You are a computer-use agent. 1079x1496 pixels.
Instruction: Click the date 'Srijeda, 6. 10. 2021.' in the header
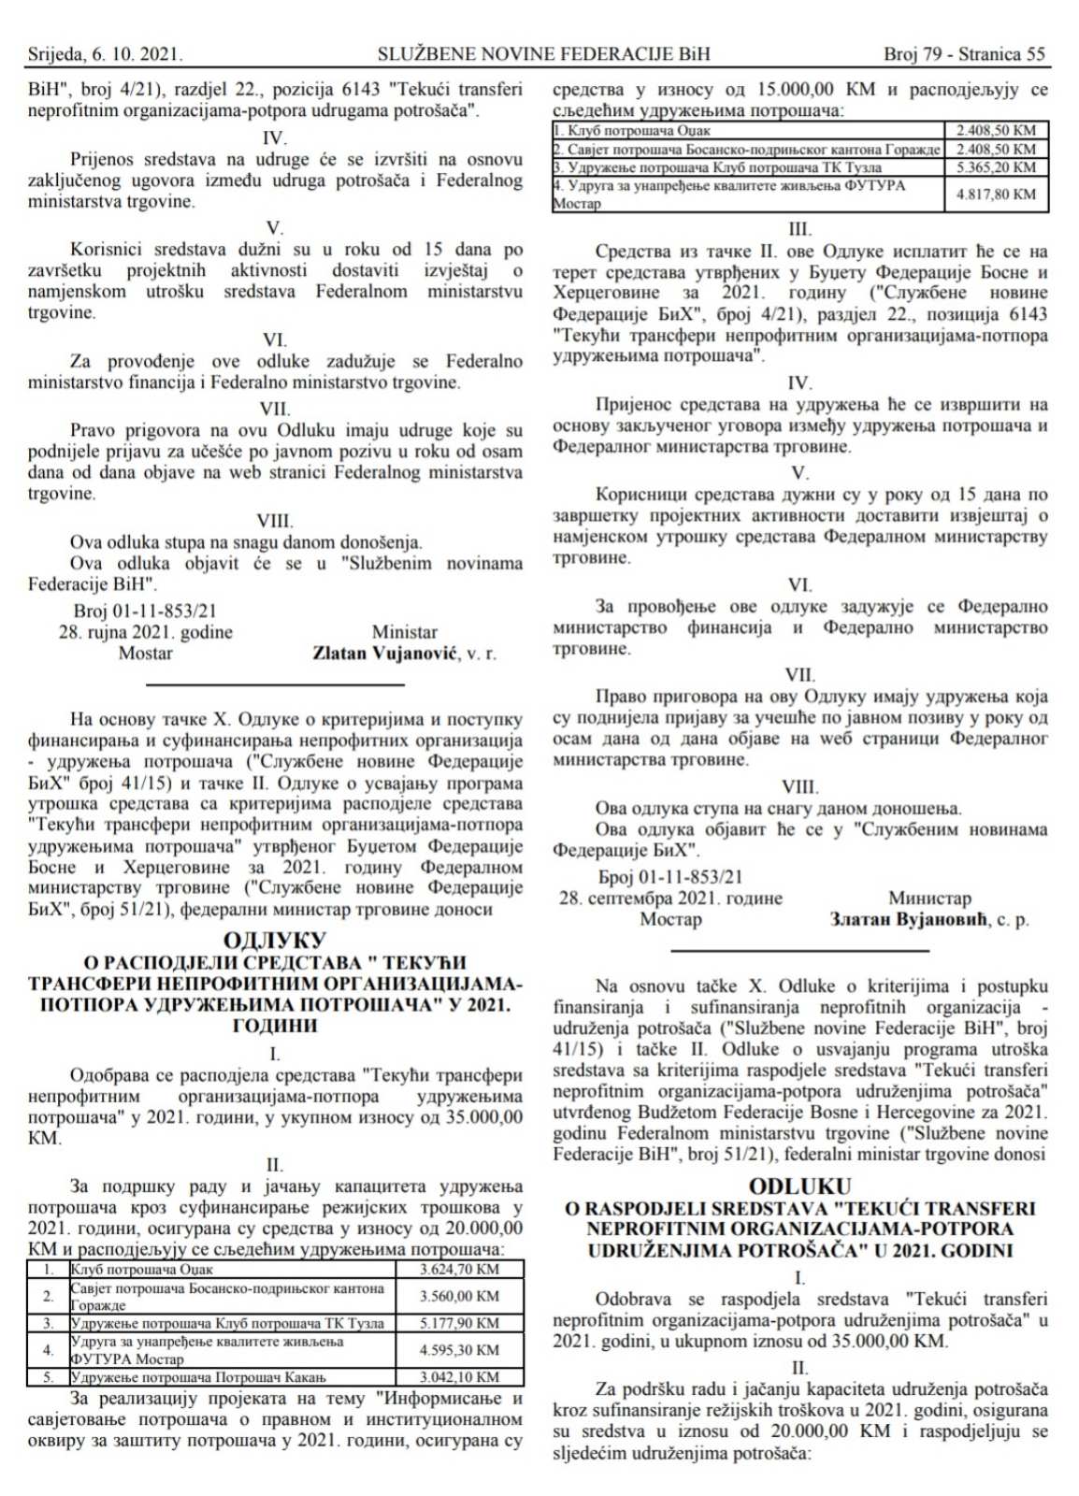[x=105, y=54]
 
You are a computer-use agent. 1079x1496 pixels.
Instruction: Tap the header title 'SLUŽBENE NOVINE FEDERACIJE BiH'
[x=543, y=54]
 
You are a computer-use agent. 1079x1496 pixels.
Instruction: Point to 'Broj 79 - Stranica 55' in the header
[x=964, y=54]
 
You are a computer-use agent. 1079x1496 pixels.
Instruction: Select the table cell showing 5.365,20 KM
[x=996, y=167]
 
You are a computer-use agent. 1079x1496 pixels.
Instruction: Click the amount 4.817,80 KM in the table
[x=996, y=194]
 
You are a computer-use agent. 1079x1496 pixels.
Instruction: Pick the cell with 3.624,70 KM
[x=459, y=1269]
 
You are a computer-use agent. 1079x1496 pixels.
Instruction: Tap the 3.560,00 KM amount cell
[x=459, y=1296]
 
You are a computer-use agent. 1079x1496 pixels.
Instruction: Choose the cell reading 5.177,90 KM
[x=459, y=1323]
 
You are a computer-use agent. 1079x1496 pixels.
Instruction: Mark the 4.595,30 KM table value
[x=459, y=1350]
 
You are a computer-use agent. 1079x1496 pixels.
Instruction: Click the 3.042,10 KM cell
[x=459, y=1377]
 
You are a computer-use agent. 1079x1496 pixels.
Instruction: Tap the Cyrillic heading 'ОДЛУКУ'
[x=275, y=941]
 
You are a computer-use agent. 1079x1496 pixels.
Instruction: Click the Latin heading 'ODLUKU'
[x=799, y=1187]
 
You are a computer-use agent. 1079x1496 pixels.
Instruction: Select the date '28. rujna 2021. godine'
[x=146, y=632]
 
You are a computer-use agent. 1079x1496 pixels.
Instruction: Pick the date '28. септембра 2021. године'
[x=670, y=898]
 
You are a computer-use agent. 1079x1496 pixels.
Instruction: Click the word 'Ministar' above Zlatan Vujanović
[x=404, y=632]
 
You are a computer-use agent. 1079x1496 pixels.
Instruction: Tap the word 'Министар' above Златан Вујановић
[x=929, y=898]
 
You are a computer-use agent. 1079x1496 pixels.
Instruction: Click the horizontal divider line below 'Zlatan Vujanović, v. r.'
[x=275, y=685]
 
